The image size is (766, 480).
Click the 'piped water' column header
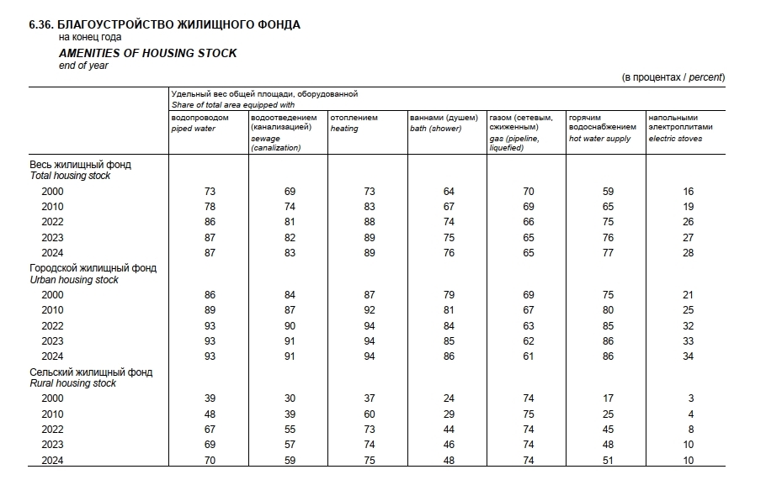(194, 129)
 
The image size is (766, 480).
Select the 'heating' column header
(344, 129)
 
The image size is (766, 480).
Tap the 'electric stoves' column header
(675, 138)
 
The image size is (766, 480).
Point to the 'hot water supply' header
(599, 138)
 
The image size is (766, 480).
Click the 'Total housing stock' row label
(70, 177)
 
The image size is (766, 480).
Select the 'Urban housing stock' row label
(74, 280)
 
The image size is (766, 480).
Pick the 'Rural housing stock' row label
(72, 383)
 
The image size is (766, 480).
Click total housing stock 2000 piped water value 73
(210, 192)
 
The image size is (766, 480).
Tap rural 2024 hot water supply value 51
(608, 460)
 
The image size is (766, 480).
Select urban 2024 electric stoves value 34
(688, 356)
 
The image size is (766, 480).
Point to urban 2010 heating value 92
(369, 310)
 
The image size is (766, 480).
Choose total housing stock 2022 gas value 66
(529, 222)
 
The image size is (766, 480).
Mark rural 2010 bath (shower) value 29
(449, 414)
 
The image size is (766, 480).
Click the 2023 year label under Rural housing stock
(52, 444)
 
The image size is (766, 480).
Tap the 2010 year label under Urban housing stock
(52, 310)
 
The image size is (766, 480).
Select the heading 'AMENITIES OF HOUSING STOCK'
(147, 53)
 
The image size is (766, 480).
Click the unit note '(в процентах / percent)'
(673, 77)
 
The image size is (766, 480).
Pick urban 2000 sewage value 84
(290, 295)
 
